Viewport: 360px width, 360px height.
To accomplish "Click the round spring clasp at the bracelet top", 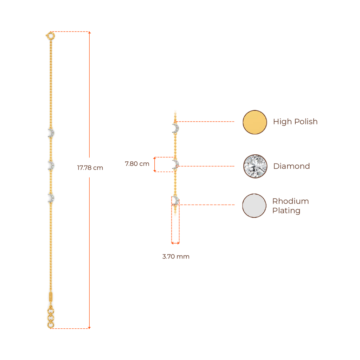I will point(51,36).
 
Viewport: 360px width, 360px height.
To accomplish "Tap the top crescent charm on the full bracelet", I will point(51,133).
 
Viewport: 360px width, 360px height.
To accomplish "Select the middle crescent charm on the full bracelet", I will point(51,166).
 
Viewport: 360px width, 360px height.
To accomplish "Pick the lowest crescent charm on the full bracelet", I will point(51,198).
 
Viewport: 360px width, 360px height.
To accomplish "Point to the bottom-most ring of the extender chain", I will point(51,325).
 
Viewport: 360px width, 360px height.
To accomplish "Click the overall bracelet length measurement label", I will point(90,168).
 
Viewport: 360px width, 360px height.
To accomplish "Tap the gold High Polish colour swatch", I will point(255,122).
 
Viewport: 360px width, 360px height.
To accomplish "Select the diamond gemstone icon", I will point(255,166).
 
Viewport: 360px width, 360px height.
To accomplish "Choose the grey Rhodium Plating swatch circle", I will point(254,205).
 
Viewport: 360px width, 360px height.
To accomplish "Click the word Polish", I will point(306,122).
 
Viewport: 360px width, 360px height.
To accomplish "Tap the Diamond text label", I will point(291,166).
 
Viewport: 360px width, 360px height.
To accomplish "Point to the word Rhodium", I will point(290,201).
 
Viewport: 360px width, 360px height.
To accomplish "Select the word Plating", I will point(286,211).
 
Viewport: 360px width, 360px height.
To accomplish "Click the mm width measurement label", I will point(176,257).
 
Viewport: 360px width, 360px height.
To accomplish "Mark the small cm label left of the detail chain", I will point(137,164).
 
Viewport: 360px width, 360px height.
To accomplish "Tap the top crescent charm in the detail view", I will point(176,128).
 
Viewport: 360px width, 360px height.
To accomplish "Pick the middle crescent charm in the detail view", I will point(175,164).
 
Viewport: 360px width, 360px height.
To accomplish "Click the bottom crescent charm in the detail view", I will point(175,200).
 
